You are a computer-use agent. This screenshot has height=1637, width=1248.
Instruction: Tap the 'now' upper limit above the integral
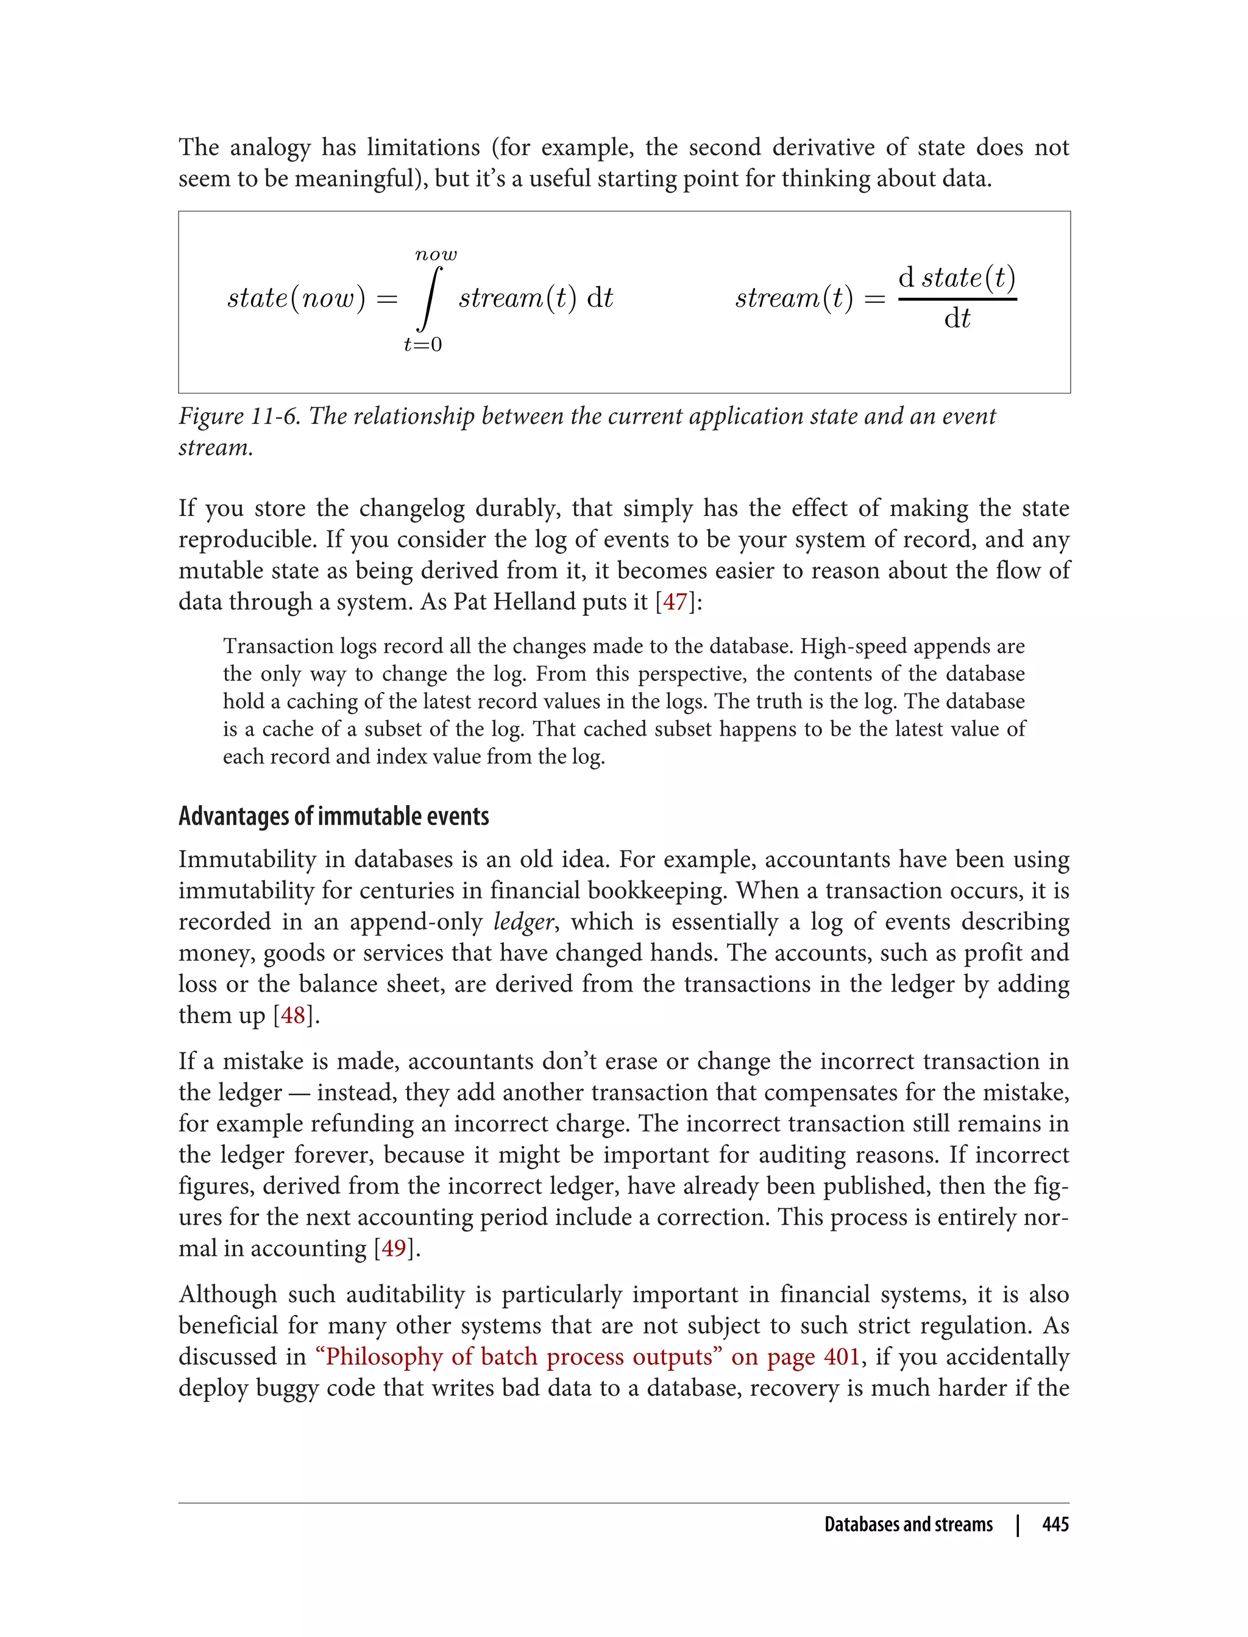(x=436, y=255)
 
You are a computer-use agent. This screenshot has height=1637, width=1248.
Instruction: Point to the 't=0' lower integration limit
(x=423, y=345)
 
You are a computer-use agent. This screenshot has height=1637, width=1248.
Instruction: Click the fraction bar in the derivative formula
(x=957, y=299)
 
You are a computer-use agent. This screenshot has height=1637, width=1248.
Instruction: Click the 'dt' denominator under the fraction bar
(x=957, y=319)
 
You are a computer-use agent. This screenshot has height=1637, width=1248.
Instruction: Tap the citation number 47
(x=675, y=601)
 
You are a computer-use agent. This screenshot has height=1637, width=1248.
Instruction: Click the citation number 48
(x=294, y=1015)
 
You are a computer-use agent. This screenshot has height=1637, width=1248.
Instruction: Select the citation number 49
(x=394, y=1248)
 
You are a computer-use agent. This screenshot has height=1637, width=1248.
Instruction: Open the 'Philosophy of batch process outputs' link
(x=587, y=1356)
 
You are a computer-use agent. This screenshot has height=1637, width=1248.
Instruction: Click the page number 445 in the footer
(x=1055, y=1524)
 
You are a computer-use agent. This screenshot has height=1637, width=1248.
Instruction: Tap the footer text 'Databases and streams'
(x=909, y=1524)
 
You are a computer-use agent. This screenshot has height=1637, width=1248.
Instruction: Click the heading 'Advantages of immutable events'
(x=333, y=816)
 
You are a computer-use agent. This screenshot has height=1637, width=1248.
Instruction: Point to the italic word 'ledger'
(x=523, y=921)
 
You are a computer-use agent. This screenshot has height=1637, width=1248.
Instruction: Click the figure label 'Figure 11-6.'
(x=239, y=417)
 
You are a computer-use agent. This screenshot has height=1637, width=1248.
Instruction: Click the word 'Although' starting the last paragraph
(x=227, y=1294)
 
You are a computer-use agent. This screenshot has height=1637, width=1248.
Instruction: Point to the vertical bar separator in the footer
(x=1018, y=1524)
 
